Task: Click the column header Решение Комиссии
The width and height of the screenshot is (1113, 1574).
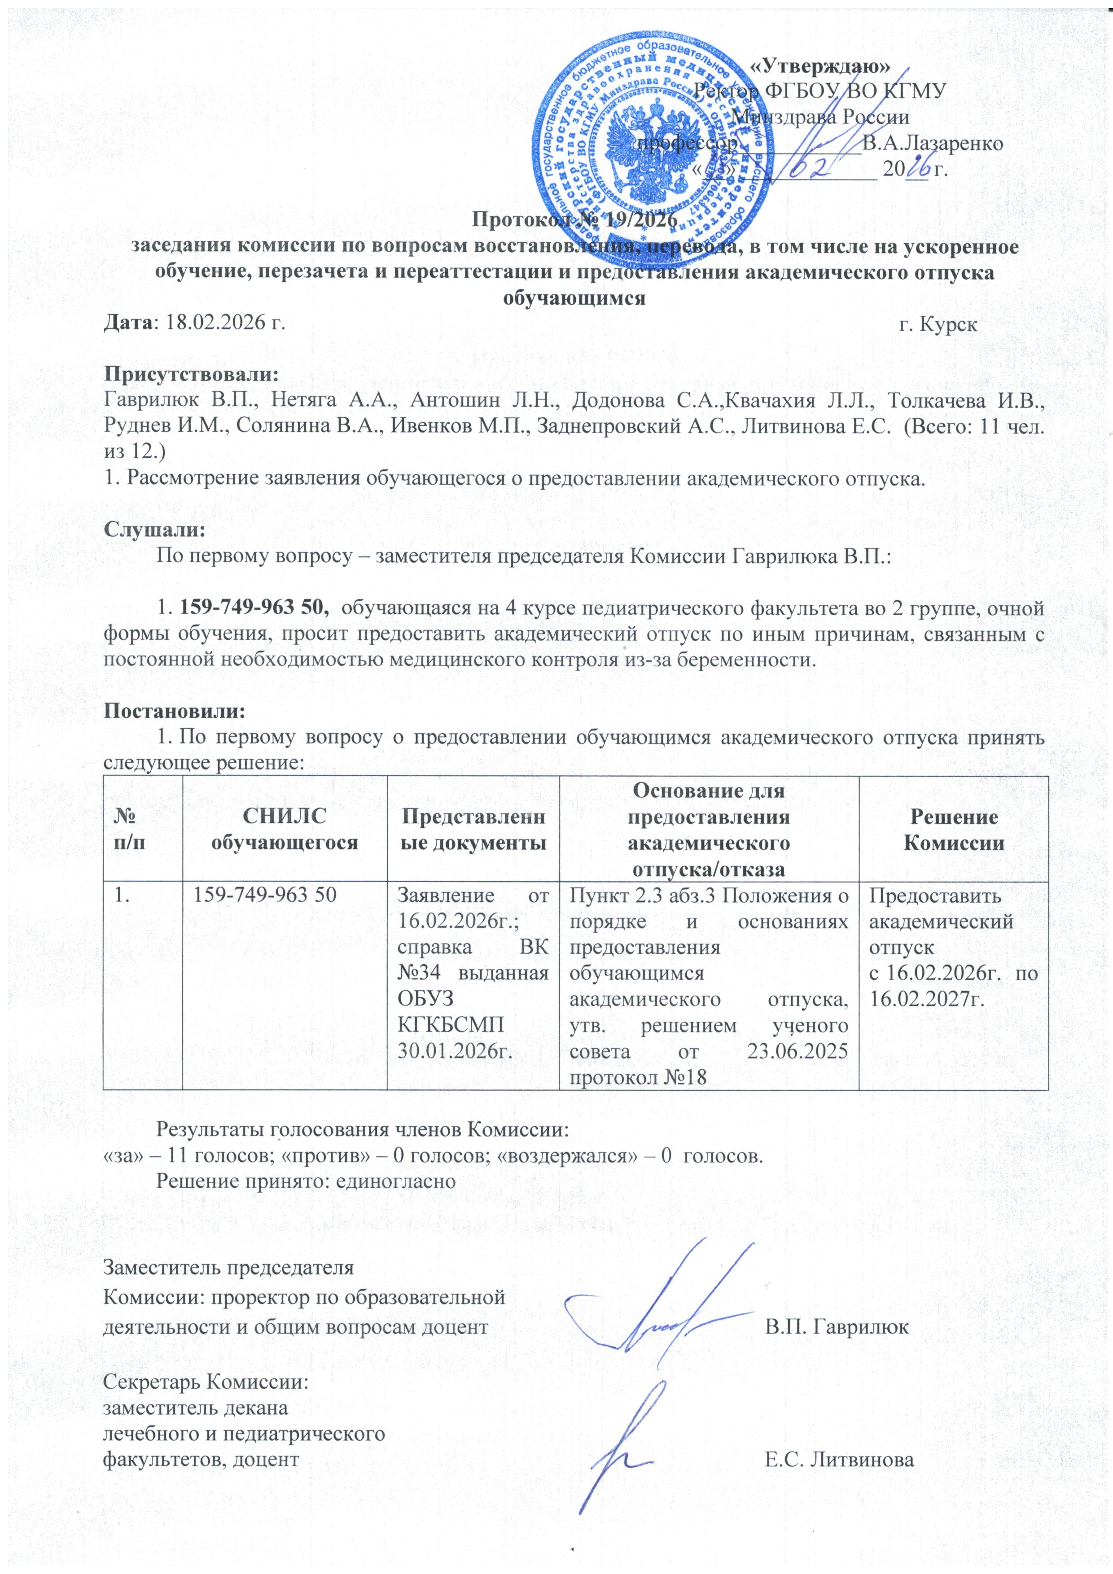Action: tap(953, 830)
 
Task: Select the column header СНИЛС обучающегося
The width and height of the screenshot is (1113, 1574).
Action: tap(285, 830)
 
